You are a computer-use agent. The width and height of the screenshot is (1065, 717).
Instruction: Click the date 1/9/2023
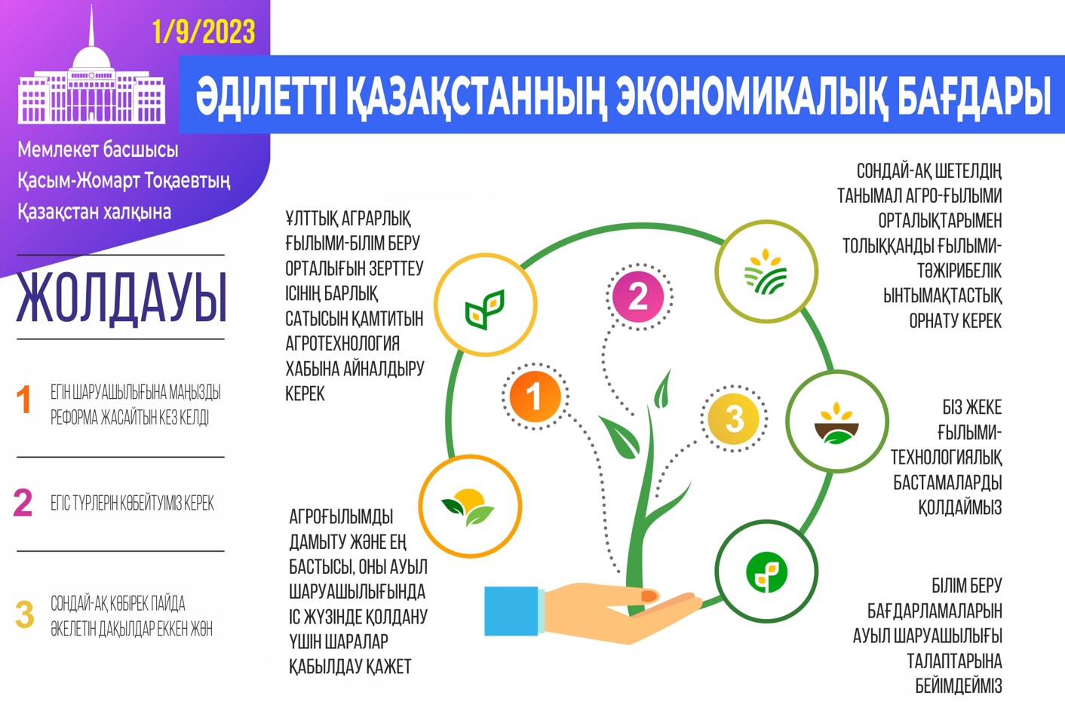click(x=203, y=32)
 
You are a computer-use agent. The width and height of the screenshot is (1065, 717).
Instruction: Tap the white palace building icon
click(x=91, y=87)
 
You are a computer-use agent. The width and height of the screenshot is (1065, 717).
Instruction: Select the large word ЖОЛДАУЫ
click(x=121, y=298)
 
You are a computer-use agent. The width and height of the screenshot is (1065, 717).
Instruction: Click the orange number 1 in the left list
click(x=24, y=400)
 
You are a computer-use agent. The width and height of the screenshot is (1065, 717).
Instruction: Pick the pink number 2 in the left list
click(x=23, y=503)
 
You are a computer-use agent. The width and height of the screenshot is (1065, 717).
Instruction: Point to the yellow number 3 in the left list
click(x=25, y=614)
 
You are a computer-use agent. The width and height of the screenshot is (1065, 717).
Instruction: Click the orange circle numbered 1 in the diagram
click(x=534, y=397)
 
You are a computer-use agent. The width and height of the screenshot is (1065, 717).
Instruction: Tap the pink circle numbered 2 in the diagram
click(x=638, y=296)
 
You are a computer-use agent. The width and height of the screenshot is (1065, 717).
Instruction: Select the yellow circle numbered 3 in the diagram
click(x=734, y=418)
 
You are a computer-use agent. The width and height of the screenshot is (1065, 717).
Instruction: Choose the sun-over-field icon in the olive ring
click(x=766, y=271)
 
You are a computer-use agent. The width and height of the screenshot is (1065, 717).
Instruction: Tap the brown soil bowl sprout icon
click(x=836, y=424)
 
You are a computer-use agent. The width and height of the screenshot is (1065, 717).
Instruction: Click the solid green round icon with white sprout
click(x=766, y=572)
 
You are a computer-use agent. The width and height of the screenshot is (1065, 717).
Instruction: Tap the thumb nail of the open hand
click(x=649, y=596)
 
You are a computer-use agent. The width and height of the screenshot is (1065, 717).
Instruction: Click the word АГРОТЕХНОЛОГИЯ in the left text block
click(x=342, y=344)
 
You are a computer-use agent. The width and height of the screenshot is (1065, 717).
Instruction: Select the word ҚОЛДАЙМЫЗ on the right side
click(x=959, y=507)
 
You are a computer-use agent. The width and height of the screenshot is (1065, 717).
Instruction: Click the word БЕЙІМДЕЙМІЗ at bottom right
click(x=958, y=686)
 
